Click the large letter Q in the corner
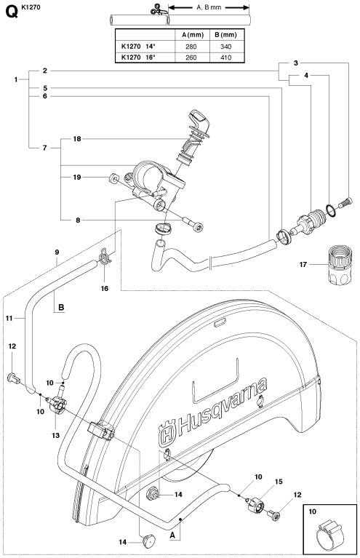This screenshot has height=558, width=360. tap(9, 9)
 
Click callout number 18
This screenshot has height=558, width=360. tap(76, 137)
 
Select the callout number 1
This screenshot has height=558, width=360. tap(17, 79)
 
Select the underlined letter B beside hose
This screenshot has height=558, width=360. tap(62, 307)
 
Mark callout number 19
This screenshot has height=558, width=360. tap(76, 177)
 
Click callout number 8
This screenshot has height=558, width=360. tap(76, 219)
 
